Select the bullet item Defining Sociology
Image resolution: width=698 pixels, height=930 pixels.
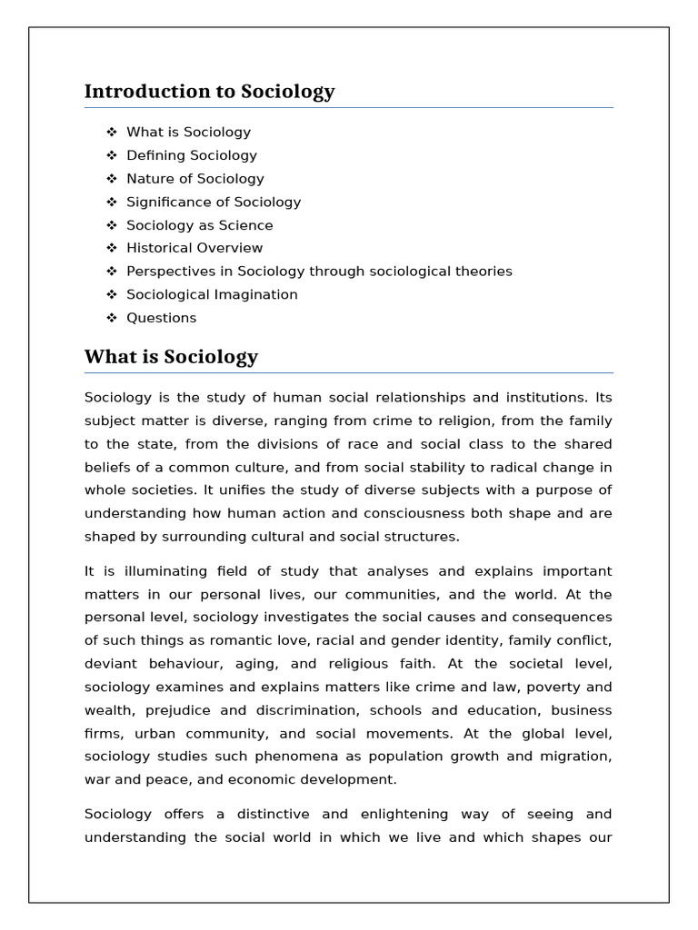click(192, 155)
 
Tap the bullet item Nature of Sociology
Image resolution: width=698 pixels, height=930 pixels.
click(195, 179)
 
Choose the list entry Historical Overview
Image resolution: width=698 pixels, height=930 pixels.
click(194, 248)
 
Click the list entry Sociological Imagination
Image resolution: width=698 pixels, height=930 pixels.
click(212, 294)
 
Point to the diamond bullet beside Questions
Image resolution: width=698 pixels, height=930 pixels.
click(112, 318)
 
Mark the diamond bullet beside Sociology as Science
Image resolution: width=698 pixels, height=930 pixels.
click(112, 225)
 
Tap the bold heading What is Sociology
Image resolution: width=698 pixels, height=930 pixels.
click(171, 357)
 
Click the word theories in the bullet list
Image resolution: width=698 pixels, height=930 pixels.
click(484, 272)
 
